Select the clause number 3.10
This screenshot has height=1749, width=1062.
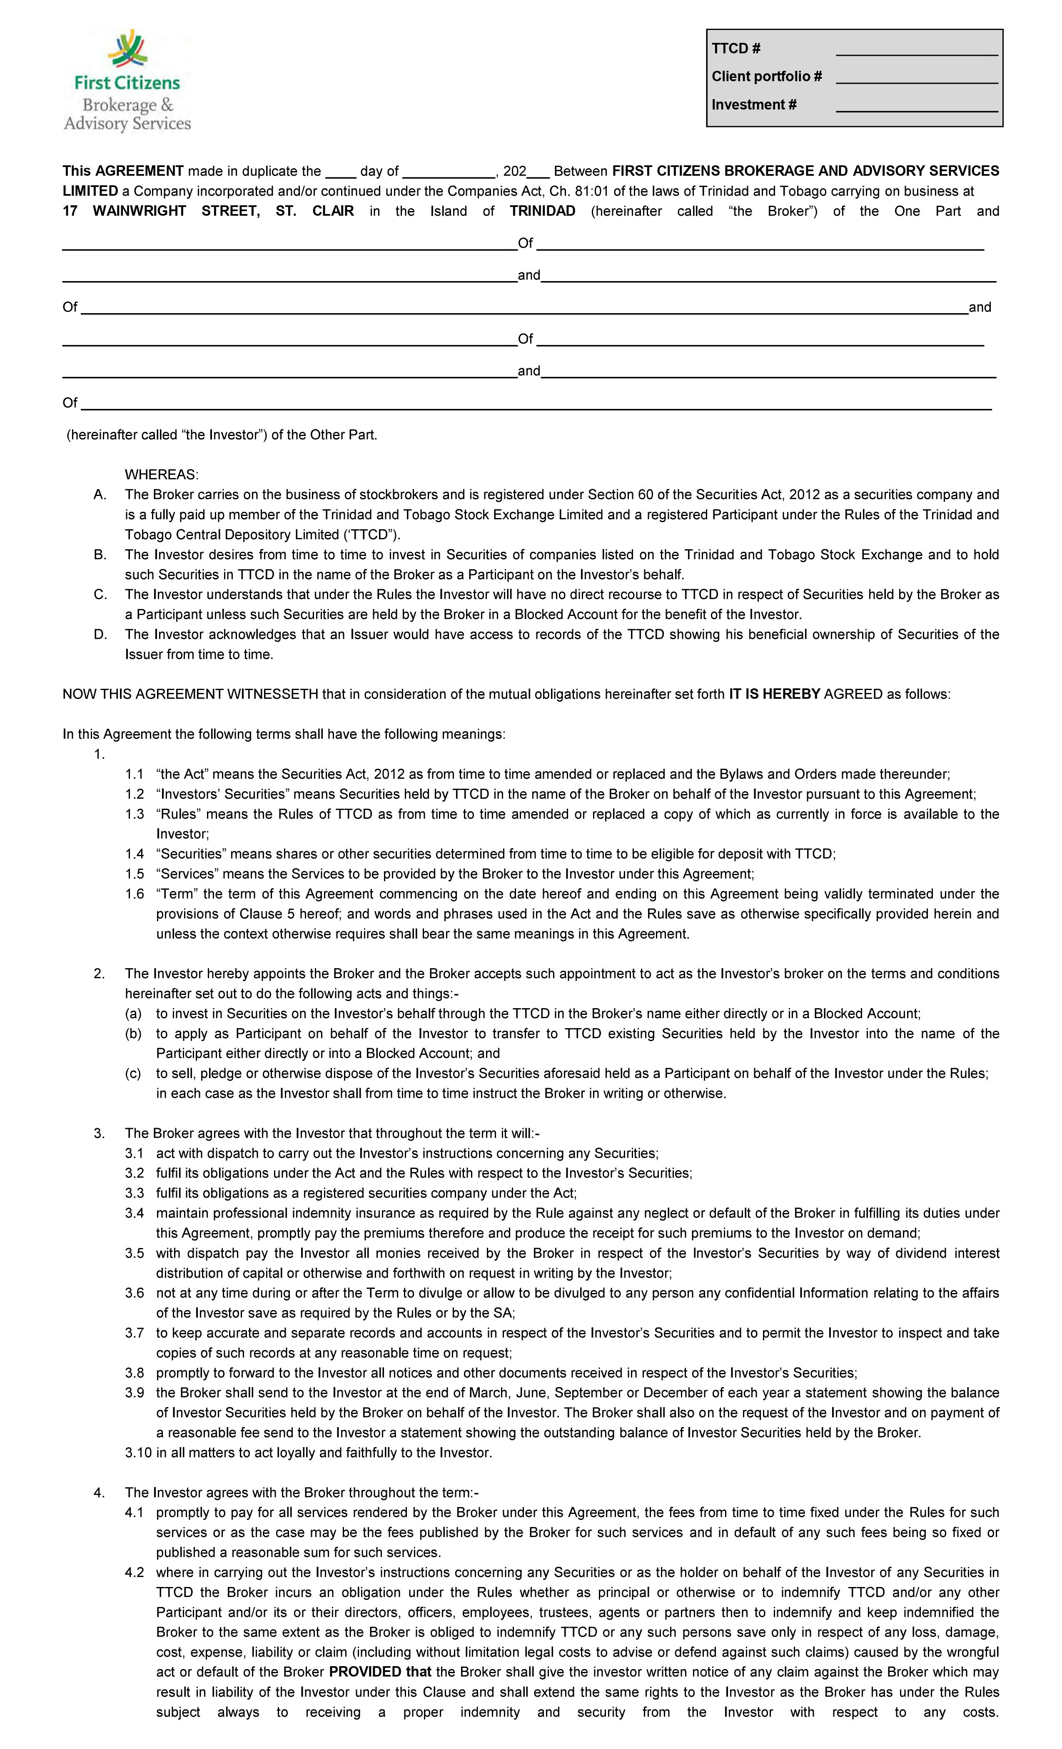pyautogui.click(x=138, y=1453)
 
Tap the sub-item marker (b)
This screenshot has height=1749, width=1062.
pyautogui.click(x=133, y=1034)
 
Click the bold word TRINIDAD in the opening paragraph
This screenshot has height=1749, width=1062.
pyautogui.click(x=542, y=211)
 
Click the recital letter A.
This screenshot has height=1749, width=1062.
pyautogui.click(x=100, y=495)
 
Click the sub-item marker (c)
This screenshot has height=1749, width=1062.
pyautogui.click(x=133, y=1073)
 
